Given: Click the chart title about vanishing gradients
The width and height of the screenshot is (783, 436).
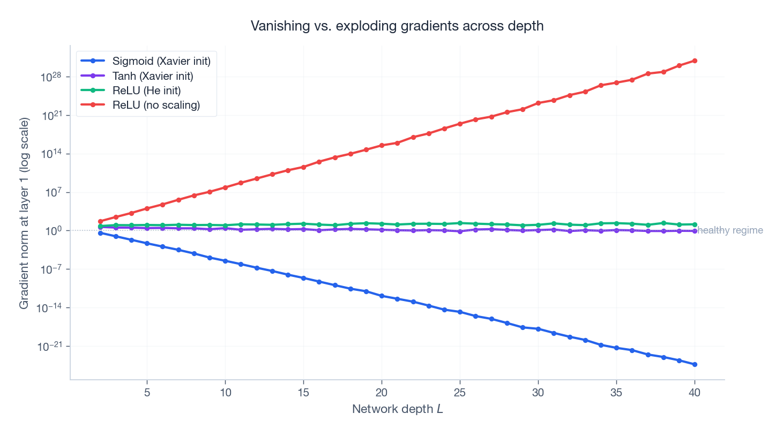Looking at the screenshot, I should (x=397, y=26).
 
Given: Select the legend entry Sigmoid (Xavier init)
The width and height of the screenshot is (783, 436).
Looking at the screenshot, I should (x=161, y=61).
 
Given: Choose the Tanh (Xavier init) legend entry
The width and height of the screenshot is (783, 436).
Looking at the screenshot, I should (x=152, y=76).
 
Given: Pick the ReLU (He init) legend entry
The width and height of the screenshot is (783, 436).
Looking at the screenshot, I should (x=146, y=91).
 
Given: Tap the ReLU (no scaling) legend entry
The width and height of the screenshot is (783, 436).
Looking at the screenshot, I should (x=156, y=105).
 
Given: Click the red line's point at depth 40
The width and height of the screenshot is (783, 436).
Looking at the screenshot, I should (x=695, y=61).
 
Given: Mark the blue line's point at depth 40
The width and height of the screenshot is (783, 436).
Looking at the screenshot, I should (x=695, y=364).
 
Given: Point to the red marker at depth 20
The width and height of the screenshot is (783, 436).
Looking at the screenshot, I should (x=382, y=146).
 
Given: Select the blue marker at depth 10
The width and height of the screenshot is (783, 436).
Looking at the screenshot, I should (x=225, y=261).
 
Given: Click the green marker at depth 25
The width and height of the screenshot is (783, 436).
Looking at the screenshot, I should (x=460, y=223).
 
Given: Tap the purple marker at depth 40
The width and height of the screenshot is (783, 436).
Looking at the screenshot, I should (x=695, y=231).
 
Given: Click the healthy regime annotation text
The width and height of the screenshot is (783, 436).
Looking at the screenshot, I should (x=730, y=230).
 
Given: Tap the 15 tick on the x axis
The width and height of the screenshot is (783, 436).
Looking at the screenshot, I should (x=303, y=393).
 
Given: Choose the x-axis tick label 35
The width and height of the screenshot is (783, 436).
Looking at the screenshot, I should (x=616, y=393).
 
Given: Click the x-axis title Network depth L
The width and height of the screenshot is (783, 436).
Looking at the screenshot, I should (x=397, y=409).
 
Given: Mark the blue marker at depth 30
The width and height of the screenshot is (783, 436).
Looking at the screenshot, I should (x=538, y=329).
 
